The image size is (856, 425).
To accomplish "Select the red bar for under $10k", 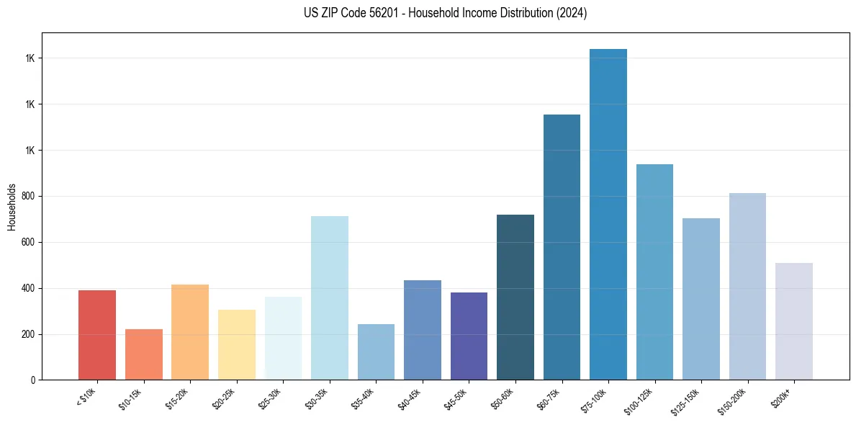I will point(97,335).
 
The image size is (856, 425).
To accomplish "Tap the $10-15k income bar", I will point(143,354).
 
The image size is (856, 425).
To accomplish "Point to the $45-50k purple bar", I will point(469,336).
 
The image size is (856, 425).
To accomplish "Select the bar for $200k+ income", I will point(794,321).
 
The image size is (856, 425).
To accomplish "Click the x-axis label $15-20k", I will point(177,398).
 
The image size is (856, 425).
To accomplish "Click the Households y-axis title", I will point(12,207).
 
